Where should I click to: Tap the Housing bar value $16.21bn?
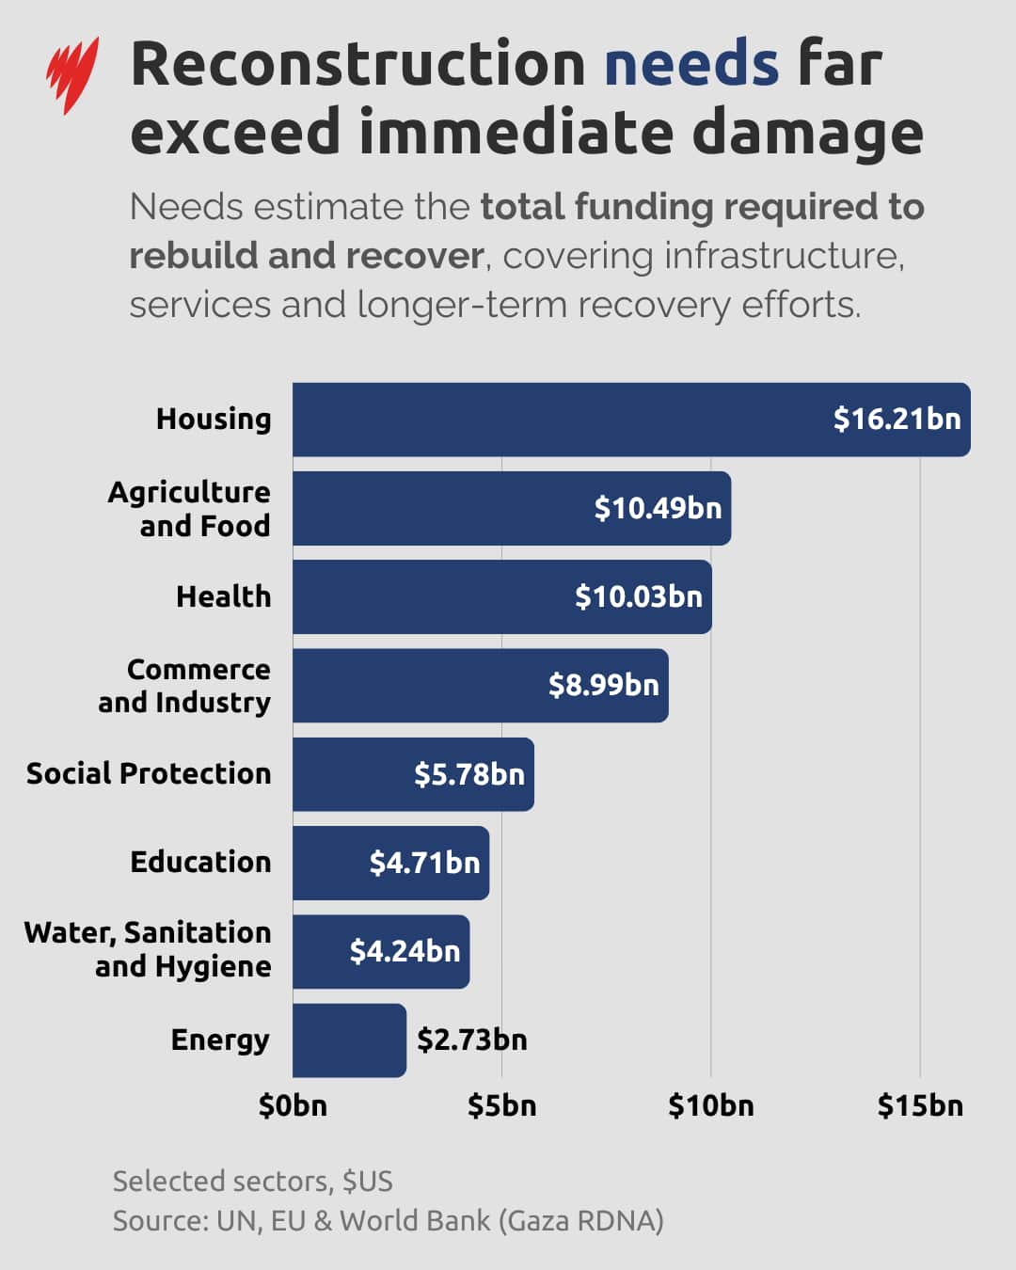(897, 419)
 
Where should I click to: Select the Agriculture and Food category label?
(189, 508)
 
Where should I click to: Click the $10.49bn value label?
(658, 508)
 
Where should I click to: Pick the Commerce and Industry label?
(185, 685)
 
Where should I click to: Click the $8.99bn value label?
(603, 685)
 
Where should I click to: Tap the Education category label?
(200, 862)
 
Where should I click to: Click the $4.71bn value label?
(424, 863)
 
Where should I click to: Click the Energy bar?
(349, 1040)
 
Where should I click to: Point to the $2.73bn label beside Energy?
(471, 1040)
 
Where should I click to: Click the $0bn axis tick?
(293, 1105)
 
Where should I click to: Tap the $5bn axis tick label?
(501, 1105)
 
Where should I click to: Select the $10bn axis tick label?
(710, 1105)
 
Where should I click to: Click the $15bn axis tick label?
(920, 1105)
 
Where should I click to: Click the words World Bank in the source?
(415, 1220)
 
